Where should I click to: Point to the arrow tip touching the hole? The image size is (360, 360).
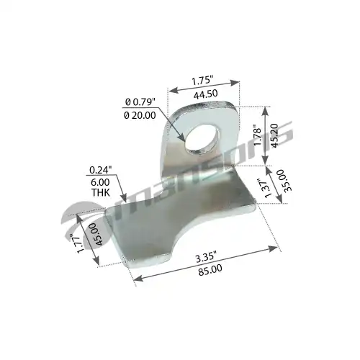[x=182, y=138]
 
